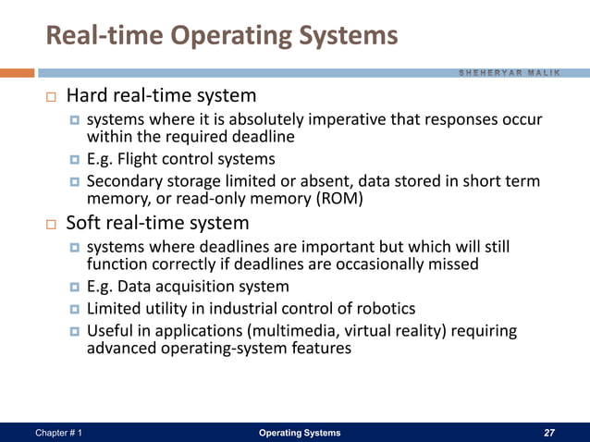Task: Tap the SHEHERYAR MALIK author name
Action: (521, 73)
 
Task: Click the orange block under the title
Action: (18, 72)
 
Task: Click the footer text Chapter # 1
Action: (57, 433)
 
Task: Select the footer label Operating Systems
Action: (299, 433)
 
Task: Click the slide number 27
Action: (551, 433)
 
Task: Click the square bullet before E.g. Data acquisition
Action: (74, 288)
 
